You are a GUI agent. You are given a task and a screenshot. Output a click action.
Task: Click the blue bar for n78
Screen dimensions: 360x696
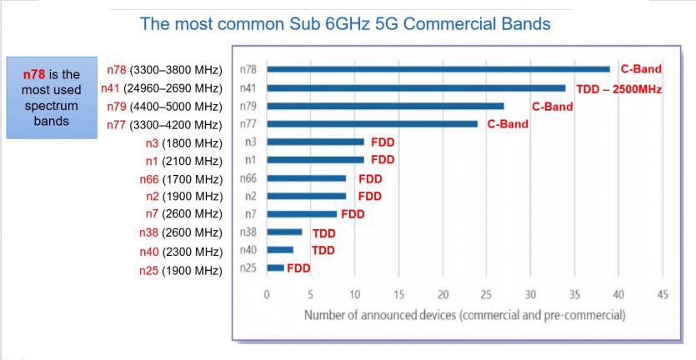click(x=438, y=69)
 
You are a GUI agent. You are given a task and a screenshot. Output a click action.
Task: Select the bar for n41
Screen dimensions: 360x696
click(x=416, y=87)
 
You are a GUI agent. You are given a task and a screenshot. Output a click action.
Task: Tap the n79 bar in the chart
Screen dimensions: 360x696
click(x=385, y=106)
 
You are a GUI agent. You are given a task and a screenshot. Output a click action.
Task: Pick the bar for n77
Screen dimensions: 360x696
click(x=372, y=124)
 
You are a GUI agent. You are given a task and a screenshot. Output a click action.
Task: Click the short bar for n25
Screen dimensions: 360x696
click(x=275, y=267)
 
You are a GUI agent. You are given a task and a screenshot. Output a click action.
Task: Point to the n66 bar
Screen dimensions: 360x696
click(x=306, y=177)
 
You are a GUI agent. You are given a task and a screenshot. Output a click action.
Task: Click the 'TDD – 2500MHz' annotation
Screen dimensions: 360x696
click(x=618, y=88)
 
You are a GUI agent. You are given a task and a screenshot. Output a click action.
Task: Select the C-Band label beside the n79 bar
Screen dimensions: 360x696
click(x=552, y=107)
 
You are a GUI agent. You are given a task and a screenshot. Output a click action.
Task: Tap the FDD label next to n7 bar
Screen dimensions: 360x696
click(x=353, y=214)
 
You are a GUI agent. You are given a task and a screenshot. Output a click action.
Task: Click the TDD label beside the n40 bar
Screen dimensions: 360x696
click(x=323, y=250)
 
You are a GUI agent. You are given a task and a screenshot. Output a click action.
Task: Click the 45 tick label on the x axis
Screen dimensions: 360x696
click(x=663, y=294)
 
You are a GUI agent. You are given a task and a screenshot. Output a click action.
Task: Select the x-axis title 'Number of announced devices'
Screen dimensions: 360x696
click(x=464, y=315)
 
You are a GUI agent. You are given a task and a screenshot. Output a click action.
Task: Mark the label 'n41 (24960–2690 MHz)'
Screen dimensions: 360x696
click(x=161, y=88)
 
